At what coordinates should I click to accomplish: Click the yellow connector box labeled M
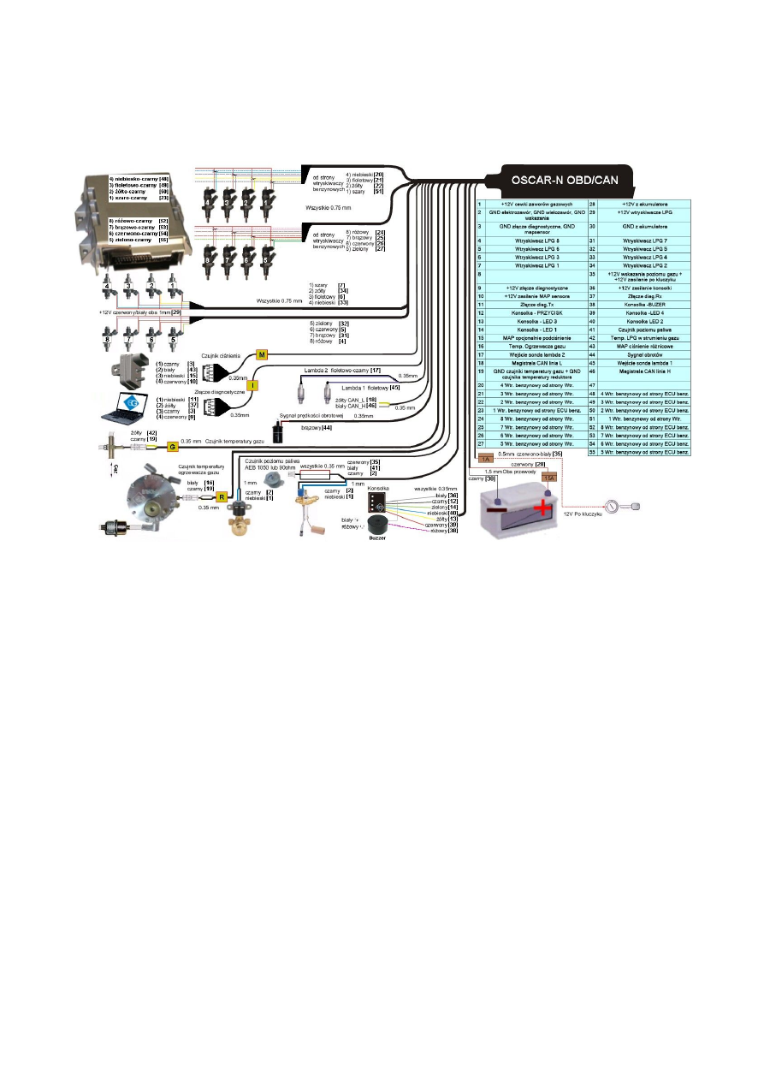click(x=263, y=353)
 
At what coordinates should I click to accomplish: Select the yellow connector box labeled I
click(x=253, y=386)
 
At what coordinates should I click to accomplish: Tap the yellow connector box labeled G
click(x=171, y=447)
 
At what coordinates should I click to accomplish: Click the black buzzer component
click(x=377, y=527)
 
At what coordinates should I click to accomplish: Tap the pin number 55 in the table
click(x=592, y=452)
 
